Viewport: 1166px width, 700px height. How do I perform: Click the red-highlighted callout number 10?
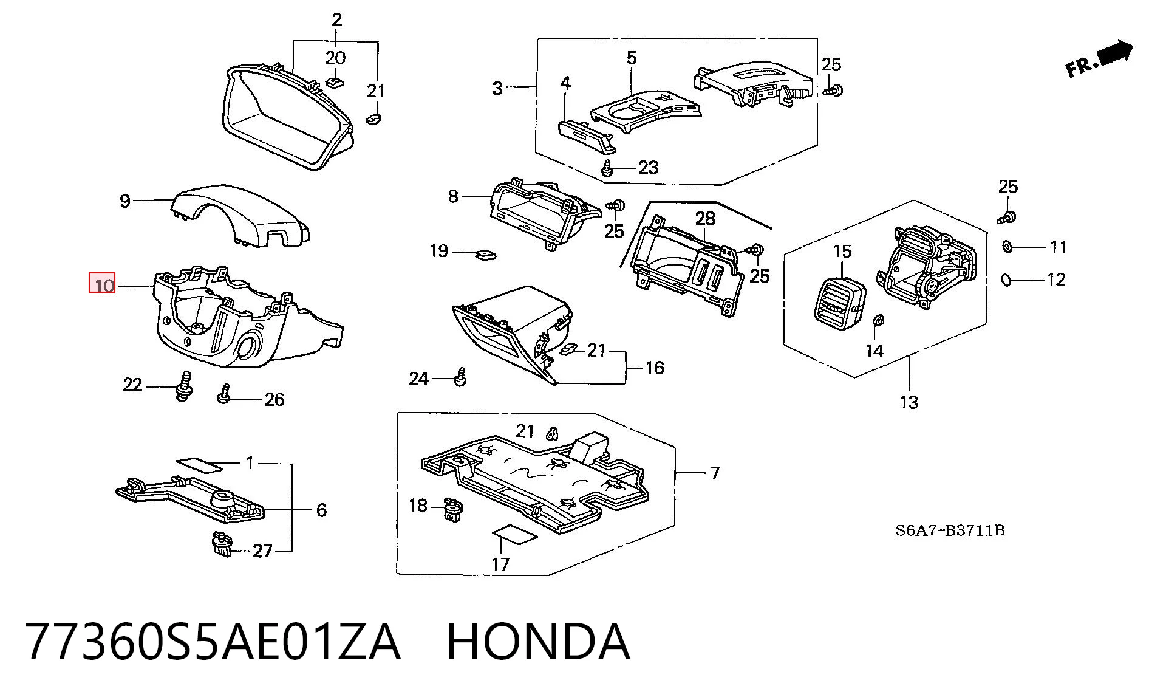102,284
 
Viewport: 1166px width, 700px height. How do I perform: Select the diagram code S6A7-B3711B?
950,530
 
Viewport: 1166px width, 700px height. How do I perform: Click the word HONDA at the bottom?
538,642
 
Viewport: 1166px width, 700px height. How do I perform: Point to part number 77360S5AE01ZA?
213,642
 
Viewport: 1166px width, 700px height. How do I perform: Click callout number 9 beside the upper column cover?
124,201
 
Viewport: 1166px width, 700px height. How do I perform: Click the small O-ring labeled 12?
1006,280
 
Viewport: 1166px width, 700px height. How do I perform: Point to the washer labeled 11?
1007,246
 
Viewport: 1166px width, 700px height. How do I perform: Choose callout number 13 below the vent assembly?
909,402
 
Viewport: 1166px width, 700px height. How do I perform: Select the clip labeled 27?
222,544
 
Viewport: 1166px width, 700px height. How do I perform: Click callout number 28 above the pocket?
705,218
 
